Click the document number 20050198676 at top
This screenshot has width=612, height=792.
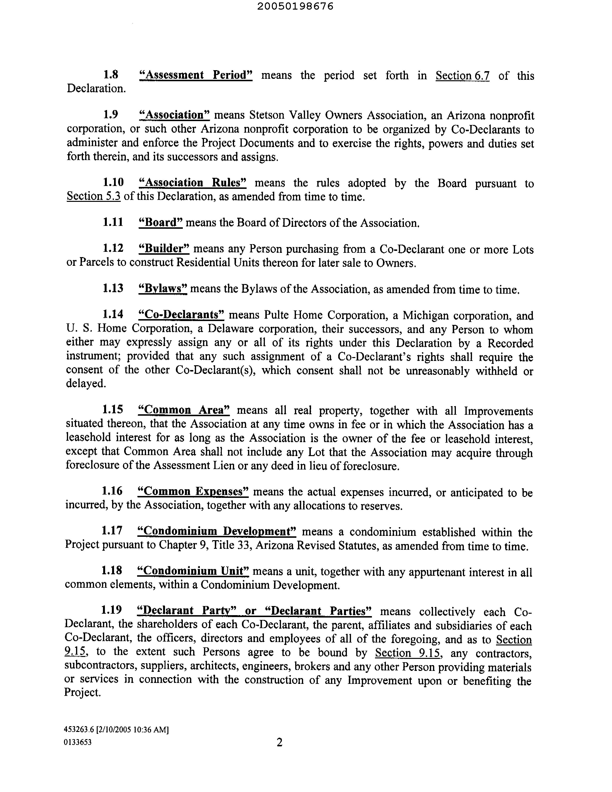coord(295,6)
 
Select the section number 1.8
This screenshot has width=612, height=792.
coord(111,75)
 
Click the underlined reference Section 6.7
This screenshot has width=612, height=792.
coord(462,75)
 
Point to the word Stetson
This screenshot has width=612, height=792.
coord(267,115)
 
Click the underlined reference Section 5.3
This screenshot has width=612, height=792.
coord(94,197)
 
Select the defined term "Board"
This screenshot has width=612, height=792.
coord(161,222)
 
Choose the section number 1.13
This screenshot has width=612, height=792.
coord(113,288)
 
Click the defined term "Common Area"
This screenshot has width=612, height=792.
coord(184,410)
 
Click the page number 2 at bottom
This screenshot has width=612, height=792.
coord(279,743)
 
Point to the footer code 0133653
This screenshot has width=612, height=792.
coord(78,742)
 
